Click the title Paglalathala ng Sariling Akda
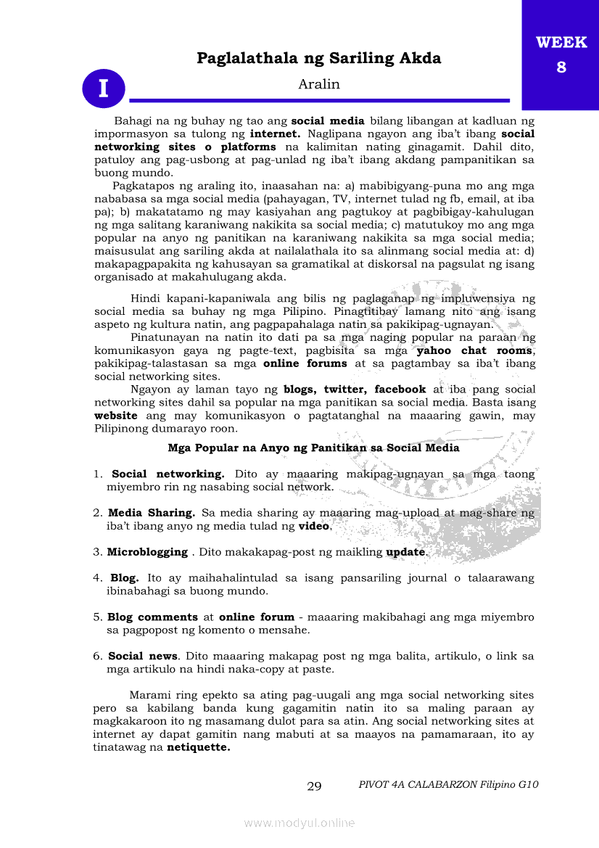(x=318, y=58)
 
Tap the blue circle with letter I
(x=103, y=88)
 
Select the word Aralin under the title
(x=318, y=84)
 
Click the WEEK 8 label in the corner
(x=561, y=54)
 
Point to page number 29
(x=314, y=786)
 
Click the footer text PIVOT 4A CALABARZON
(x=448, y=784)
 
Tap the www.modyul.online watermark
(x=299, y=823)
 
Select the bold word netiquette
(x=198, y=748)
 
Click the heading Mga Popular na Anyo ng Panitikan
(x=313, y=448)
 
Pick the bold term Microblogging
(x=147, y=552)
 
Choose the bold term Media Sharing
(x=152, y=512)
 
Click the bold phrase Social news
(x=143, y=656)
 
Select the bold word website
(x=115, y=416)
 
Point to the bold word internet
(x=275, y=133)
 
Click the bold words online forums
(x=305, y=363)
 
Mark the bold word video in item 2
(x=313, y=525)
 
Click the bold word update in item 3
(x=405, y=552)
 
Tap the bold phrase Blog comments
(x=152, y=617)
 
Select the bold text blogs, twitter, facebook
(x=355, y=390)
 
